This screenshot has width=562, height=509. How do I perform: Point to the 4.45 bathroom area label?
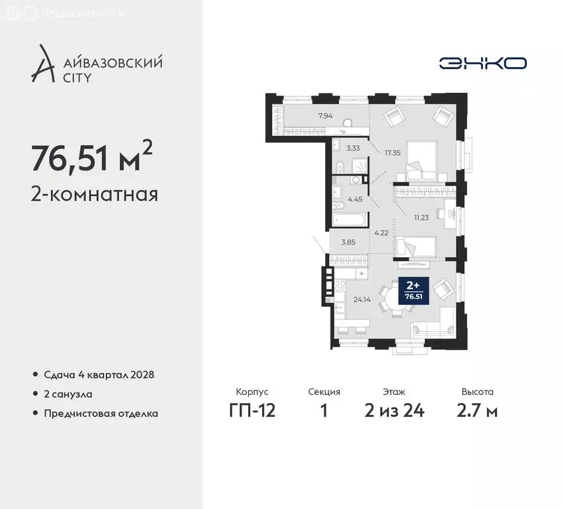click(356, 199)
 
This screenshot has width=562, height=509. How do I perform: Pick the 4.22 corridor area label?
click(380, 233)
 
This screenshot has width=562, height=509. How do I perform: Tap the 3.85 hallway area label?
click(348, 243)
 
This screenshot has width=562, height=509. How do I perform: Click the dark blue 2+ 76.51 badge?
click(413, 290)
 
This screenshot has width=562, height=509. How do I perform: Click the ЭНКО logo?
click(482, 63)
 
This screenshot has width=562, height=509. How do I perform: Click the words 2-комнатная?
click(94, 195)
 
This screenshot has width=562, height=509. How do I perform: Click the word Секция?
click(324, 392)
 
